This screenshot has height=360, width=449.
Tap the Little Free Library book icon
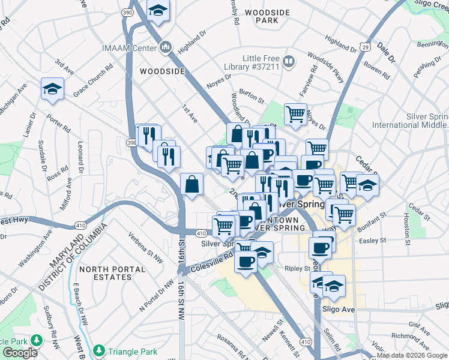point(289,61)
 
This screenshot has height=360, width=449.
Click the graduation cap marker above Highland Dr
point(158,10)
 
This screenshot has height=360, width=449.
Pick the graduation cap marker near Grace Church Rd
point(52,89)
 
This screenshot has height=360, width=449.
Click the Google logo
point(20,353)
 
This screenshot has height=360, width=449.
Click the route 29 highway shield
point(365,46)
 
